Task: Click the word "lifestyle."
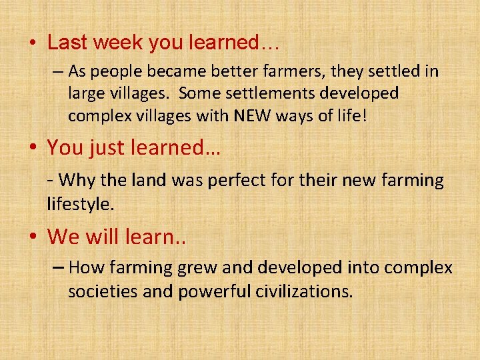click(81, 203)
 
